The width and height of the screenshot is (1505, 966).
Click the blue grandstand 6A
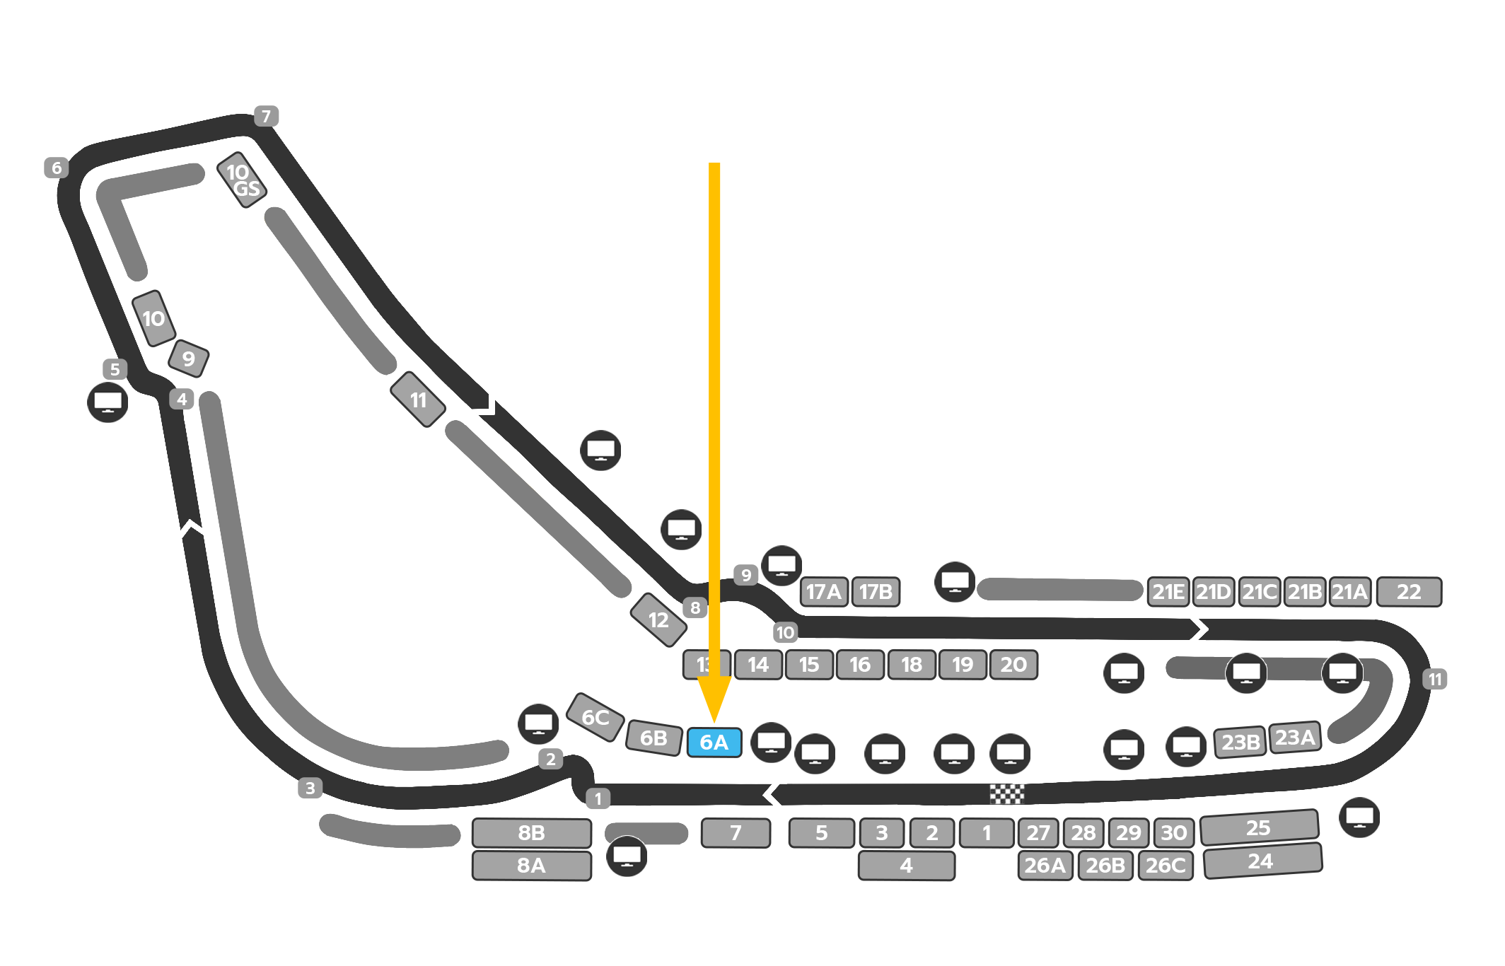pos(714,743)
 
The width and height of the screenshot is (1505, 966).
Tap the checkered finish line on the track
pos(1006,794)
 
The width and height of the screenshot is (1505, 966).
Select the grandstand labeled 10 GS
pos(242,180)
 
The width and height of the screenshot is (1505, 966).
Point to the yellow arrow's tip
pos(714,720)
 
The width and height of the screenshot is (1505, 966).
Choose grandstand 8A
pos(532,866)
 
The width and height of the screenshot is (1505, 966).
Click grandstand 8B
pos(532,833)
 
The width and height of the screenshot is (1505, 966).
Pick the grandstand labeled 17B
pos(876,592)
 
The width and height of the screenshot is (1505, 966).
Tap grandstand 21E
pos(1168,592)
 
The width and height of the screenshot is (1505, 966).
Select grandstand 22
pos(1409,592)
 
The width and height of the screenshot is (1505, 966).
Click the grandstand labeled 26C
pos(1166,866)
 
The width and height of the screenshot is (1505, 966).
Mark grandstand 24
pos(1262,861)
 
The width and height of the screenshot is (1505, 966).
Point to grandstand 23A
pos(1295,738)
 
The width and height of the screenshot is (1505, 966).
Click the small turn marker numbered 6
pos(57,168)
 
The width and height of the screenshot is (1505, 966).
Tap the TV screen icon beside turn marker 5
pos(107,402)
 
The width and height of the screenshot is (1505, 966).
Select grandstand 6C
pos(595,717)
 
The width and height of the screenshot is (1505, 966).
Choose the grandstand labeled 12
pos(658,620)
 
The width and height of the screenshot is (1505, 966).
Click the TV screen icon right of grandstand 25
pos(1359,817)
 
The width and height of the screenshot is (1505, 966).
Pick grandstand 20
pos(1013,665)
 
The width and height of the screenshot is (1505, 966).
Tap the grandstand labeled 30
pos(1174,833)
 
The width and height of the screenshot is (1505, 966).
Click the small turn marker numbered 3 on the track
pos(310,788)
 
